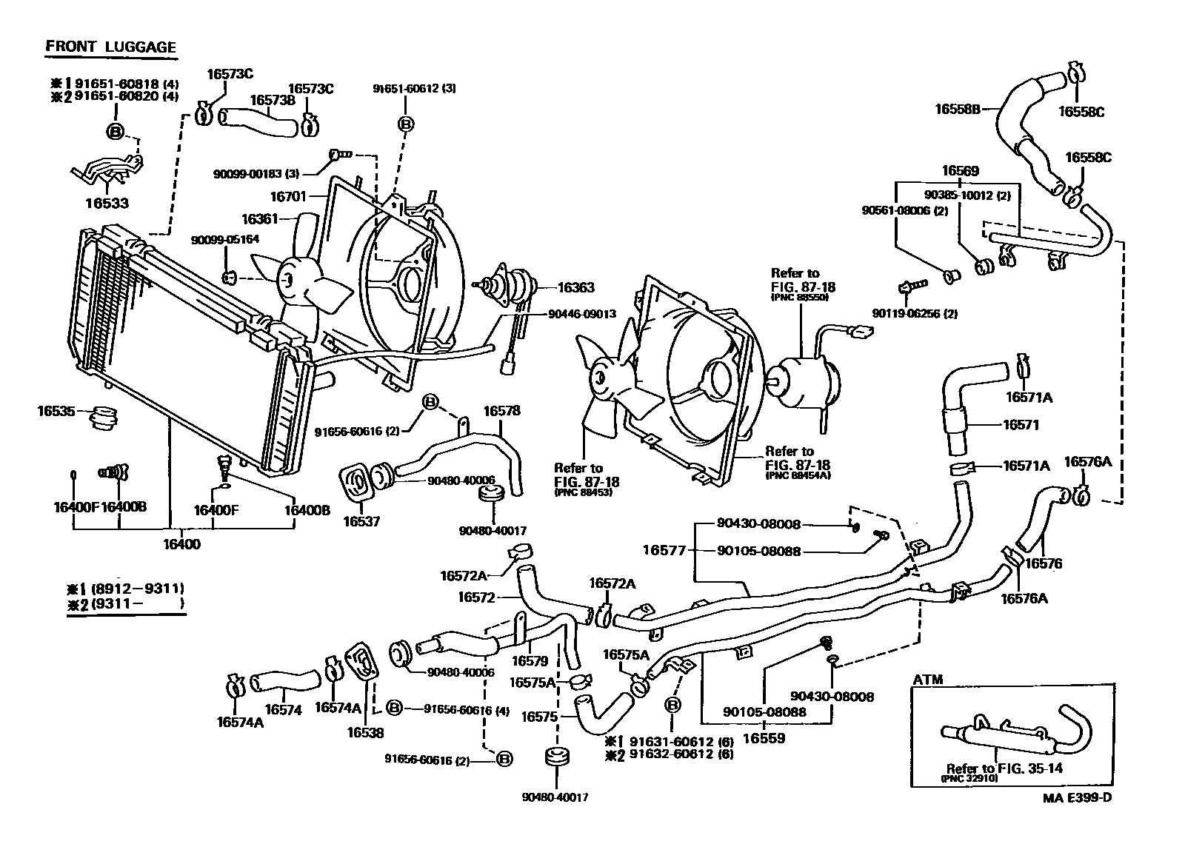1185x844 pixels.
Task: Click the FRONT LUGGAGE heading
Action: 111,47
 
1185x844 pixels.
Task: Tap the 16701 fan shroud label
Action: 287,197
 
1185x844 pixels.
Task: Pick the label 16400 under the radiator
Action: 181,544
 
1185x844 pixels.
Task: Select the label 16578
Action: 501,410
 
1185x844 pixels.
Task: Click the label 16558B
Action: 957,109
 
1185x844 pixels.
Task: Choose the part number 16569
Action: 960,171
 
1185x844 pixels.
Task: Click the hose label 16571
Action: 1021,425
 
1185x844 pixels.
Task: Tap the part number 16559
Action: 763,737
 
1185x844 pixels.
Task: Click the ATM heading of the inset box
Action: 928,679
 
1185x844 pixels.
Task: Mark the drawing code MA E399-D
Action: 1077,797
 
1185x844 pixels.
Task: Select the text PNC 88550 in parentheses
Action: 799,297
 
